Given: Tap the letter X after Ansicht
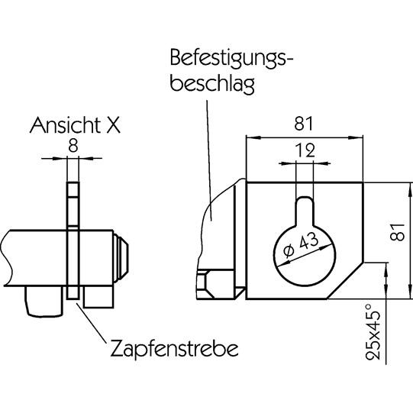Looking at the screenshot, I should coord(112,126).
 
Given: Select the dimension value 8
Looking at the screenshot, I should coord(72,144).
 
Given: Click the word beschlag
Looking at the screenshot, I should coord(212,83).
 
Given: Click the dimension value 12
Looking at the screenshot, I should coord(305,150).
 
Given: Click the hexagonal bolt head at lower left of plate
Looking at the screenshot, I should coord(205,282).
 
